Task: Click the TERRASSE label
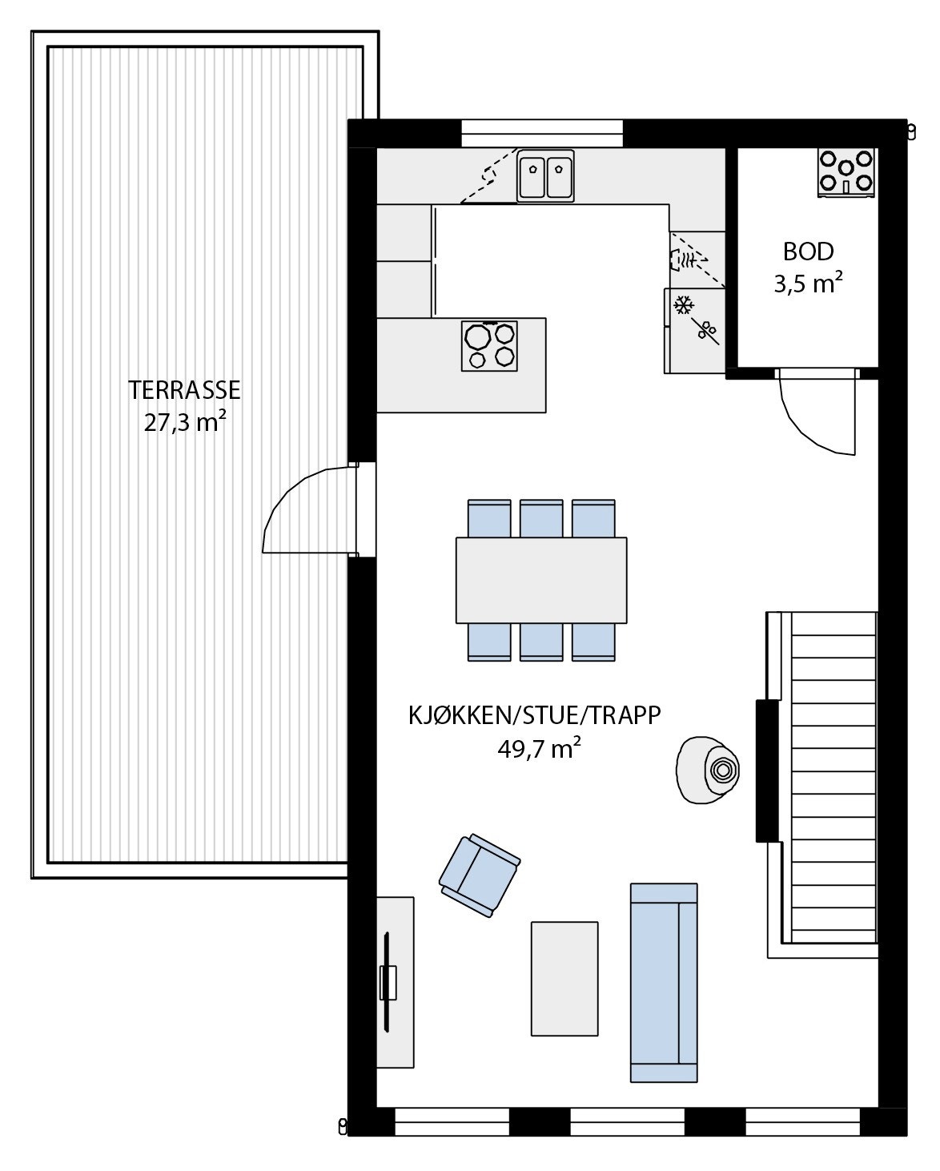[x=184, y=390]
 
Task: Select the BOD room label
[x=808, y=252]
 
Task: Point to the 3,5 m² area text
[x=808, y=284]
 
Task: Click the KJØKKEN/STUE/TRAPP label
[x=535, y=714]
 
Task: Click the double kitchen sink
[x=545, y=176]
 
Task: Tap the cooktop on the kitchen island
[x=489, y=345]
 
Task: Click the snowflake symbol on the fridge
[x=683, y=304]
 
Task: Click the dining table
[x=541, y=580]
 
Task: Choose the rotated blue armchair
[x=479, y=874]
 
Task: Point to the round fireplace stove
[x=707, y=770]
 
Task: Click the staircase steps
[x=833, y=777]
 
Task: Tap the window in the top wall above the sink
[x=542, y=132]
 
